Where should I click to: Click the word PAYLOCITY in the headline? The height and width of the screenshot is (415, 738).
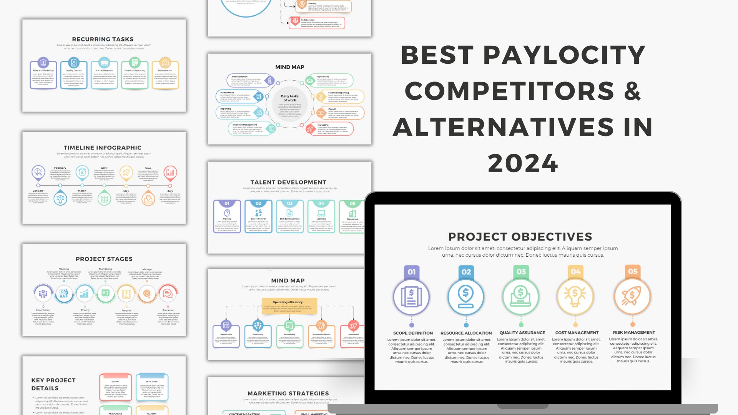click(x=564, y=55)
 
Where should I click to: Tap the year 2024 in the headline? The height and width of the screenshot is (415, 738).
click(x=523, y=164)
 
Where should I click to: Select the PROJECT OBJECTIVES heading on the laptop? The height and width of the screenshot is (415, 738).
click(x=520, y=237)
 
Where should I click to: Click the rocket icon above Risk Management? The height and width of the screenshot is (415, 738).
click(x=632, y=296)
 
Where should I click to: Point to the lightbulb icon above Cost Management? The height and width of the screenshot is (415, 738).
click(x=575, y=296)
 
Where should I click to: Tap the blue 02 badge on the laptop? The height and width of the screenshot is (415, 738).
click(x=466, y=272)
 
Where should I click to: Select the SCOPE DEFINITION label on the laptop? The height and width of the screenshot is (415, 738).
click(x=413, y=333)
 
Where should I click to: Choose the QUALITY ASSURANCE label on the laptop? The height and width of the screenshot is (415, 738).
click(x=522, y=333)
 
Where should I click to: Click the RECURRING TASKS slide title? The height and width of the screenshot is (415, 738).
click(x=103, y=39)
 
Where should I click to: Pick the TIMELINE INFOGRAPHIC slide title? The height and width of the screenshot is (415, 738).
click(x=103, y=148)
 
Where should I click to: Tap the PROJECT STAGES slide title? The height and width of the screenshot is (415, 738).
click(x=104, y=259)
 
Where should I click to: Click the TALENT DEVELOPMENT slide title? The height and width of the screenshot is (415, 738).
click(x=288, y=183)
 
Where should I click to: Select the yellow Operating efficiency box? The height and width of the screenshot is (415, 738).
click(x=289, y=306)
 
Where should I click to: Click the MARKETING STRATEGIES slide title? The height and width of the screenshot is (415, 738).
click(x=288, y=393)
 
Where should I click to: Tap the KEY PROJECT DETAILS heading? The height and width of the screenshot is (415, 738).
click(x=53, y=384)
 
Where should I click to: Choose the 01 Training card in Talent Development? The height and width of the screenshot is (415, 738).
click(x=227, y=216)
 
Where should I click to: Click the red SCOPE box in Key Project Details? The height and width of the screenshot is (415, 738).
click(x=115, y=387)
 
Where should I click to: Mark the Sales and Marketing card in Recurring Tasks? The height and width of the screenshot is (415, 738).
click(x=43, y=75)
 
